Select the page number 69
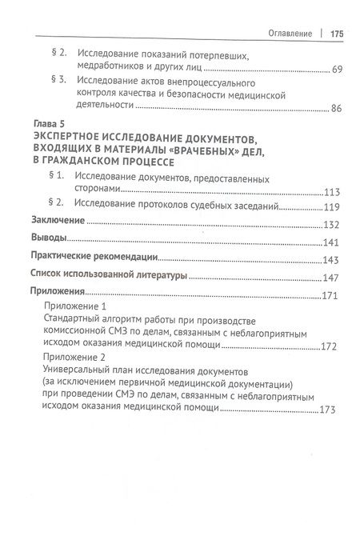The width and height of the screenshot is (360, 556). point(337,70)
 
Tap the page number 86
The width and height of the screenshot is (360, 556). point(337,110)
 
